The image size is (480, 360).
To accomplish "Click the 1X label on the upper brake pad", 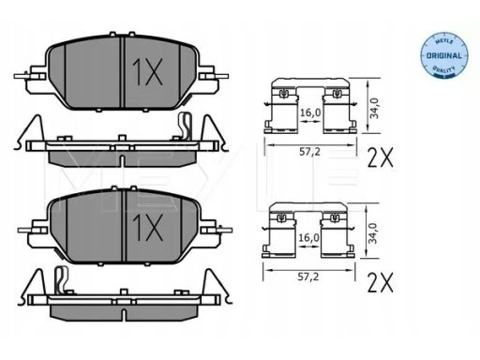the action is point(147,72).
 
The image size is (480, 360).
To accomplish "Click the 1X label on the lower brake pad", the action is point(147,228).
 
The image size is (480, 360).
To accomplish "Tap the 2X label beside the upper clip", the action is point(381,157).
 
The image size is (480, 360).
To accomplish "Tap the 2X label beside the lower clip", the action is point(381,282).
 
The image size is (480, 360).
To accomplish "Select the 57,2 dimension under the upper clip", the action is point(309,152).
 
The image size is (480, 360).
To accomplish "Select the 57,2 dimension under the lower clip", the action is point(307,277).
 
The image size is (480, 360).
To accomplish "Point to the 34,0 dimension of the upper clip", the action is point(374,108).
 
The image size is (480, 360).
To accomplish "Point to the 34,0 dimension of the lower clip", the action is point(372,233).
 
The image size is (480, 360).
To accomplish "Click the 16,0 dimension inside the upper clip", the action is point(310,112).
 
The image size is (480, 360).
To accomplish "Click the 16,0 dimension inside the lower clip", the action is point(308,238).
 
